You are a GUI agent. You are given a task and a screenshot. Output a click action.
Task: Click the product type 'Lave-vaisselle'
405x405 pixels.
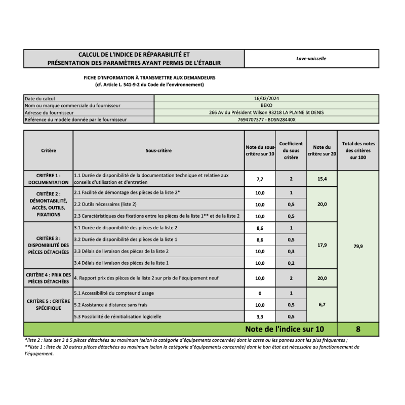pyautogui.click(x=311, y=58)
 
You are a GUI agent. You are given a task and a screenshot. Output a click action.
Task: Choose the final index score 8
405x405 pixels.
pyautogui.click(x=358, y=329)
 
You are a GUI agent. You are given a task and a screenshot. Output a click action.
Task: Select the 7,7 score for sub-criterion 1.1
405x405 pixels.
pyautogui.click(x=260, y=179)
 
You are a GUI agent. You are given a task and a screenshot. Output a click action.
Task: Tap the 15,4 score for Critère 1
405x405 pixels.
pyautogui.click(x=322, y=179)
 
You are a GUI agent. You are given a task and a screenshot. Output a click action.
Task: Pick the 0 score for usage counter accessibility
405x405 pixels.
pyautogui.click(x=260, y=294)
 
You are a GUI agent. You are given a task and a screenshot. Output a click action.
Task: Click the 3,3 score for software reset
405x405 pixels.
pyautogui.click(x=260, y=317)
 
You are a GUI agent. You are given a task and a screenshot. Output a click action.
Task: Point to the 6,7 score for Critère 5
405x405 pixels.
pyautogui.click(x=322, y=305)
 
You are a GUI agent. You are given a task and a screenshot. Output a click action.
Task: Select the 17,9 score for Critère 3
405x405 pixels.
pyautogui.click(x=322, y=245)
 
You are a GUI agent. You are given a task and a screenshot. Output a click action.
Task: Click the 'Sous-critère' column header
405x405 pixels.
pyautogui.click(x=158, y=150)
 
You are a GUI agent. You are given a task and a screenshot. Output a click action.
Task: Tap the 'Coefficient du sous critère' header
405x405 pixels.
pyautogui.click(x=291, y=150)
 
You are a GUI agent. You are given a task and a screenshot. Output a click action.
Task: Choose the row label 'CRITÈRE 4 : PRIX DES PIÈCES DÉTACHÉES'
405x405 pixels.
pyautogui.click(x=49, y=278)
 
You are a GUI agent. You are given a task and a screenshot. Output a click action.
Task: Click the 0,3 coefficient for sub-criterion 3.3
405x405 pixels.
pyautogui.click(x=291, y=251)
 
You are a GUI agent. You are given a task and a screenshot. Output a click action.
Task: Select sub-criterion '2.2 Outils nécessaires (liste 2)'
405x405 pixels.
pyautogui.click(x=105, y=204)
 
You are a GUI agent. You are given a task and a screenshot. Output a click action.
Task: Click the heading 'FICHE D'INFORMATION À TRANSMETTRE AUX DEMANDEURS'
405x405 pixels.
pyautogui.click(x=150, y=77)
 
